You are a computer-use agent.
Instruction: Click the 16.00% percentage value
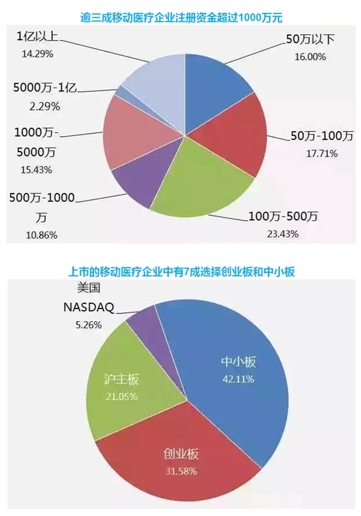pos(310,57)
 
